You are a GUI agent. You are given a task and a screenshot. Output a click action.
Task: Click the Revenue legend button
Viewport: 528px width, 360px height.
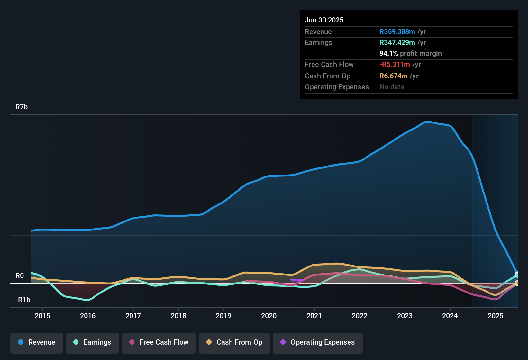tap(37, 342)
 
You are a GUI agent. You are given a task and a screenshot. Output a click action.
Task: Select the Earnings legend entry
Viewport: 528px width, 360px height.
tap(92, 342)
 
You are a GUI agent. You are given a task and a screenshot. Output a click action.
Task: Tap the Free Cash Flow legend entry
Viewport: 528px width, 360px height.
tap(159, 342)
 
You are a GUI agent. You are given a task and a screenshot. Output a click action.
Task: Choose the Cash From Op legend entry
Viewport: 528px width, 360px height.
tap(234, 342)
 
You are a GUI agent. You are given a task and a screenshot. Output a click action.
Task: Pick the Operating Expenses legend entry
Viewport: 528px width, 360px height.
tap(317, 342)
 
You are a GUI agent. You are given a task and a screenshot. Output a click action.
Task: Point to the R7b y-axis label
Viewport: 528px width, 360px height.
tap(22, 107)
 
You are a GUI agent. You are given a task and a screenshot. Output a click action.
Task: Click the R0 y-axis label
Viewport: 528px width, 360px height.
tap(20, 276)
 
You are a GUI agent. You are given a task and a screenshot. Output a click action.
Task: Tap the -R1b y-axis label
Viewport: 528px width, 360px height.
tap(23, 300)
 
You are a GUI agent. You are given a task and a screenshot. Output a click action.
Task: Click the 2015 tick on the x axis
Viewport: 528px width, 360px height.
tap(42, 316)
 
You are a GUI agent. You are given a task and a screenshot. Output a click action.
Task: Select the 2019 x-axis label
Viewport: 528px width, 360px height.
tap(223, 316)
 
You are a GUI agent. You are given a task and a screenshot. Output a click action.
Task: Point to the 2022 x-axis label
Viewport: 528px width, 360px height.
tap(360, 316)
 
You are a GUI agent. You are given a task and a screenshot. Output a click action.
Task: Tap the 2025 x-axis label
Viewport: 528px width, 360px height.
tap(496, 316)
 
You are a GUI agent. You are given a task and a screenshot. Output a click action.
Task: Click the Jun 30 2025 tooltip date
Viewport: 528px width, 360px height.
tap(324, 20)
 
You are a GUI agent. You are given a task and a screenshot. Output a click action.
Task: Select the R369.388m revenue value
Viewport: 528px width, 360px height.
tap(397, 32)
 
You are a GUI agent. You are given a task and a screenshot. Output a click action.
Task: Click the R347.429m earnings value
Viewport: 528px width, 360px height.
tap(397, 43)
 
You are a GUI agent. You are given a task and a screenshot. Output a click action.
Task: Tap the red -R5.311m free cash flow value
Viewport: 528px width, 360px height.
tap(395, 65)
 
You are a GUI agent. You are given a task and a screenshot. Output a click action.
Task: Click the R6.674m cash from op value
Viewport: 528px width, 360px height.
tap(393, 76)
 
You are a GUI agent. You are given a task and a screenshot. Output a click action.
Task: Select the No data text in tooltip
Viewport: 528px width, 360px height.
tap(392, 87)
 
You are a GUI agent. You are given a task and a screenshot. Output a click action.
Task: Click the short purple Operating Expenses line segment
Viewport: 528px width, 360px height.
tap(296, 280)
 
